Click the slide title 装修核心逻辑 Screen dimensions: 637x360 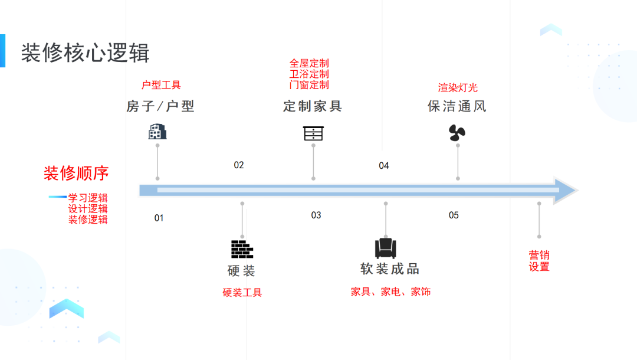[x=85, y=53]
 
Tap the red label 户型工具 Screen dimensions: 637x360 [x=161, y=85]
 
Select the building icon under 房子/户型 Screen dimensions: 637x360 [x=157, y=132]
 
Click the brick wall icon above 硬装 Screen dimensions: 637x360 [x=242, y=249]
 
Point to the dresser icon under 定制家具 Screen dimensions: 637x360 [x=313, y=133]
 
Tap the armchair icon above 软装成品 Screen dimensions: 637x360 [x=386, y=247]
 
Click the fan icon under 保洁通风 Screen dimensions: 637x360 [x=457, y=133]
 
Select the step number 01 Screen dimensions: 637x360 [x=159, y=218]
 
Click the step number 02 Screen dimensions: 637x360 [x=238, y=165]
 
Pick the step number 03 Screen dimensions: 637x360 [x=316, y=215]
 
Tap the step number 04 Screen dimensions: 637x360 [x=384, y=166]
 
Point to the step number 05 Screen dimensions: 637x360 [x=454, y=215]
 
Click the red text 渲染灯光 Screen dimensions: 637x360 [x=458, y=88]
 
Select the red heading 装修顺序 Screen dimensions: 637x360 [x=76, y=174]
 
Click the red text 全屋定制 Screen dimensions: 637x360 [x=309, y=63]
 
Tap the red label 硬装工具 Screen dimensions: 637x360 [x=242, y=292]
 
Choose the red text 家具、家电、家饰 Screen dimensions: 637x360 [x=390, y=292]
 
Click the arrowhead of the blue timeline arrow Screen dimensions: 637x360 [x=565, y=190]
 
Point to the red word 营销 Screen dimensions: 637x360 [x=539, y=255]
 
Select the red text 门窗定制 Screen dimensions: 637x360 [x=309, y=85]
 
